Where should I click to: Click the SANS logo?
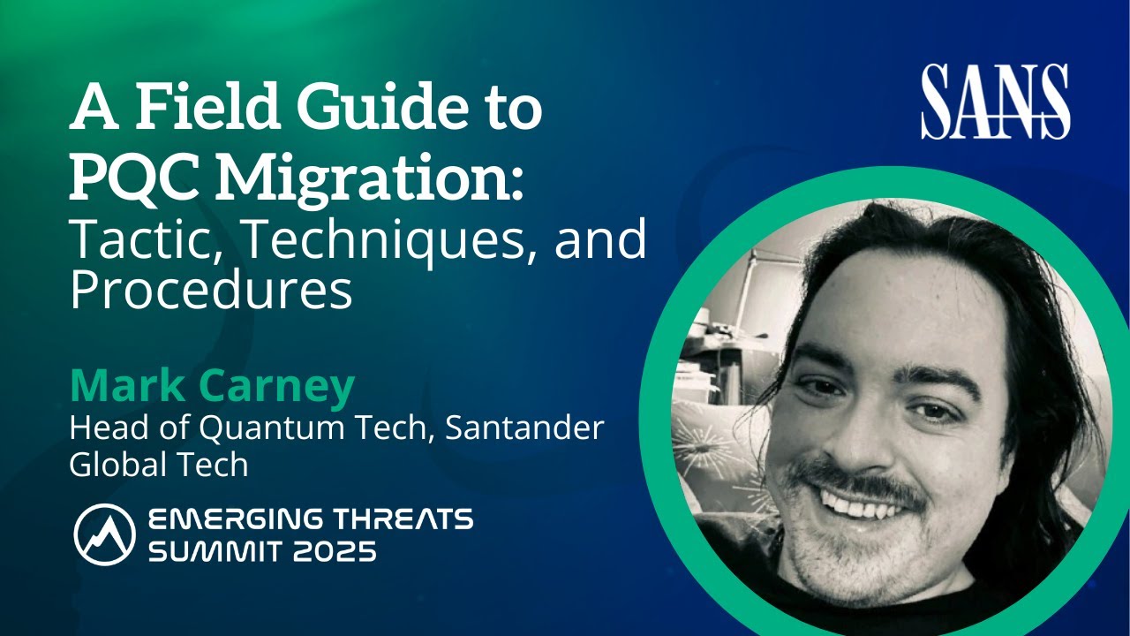pyautogui.click(x=995, y=102)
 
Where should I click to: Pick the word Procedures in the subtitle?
pyautogui.click(x=211, y=292)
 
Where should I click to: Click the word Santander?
pyautogui.click(x=524, y=428)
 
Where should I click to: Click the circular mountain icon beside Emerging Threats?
pyautogui.click(x=104, y=534)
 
